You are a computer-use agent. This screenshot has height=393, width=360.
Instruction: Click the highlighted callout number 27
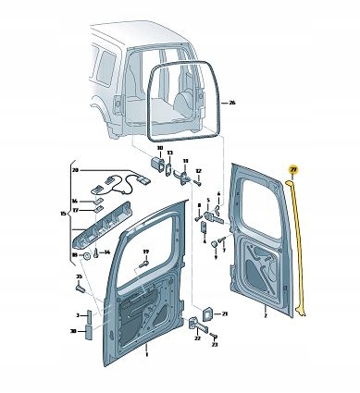293,169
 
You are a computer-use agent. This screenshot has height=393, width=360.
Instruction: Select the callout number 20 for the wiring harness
75,170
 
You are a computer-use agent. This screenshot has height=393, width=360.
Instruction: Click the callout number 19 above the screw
145,252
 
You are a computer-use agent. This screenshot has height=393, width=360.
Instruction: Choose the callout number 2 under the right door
265,315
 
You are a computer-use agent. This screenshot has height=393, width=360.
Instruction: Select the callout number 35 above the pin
79,276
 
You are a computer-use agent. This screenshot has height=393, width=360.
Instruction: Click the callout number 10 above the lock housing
158,149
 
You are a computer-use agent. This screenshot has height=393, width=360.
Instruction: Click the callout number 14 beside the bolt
108,252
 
